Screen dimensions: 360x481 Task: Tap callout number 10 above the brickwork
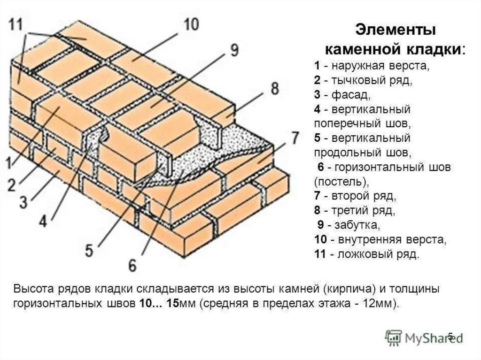tap(191, 24)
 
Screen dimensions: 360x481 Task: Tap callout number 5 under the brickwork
tap(89, 250)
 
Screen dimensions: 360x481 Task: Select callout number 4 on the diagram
tap(43, 221)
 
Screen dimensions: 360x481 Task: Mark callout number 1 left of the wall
tap(9, 163)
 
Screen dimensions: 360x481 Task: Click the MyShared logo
tap(424, 337)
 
